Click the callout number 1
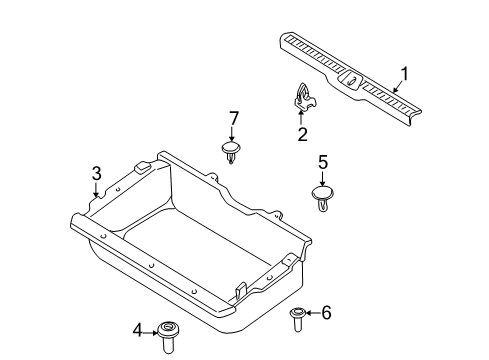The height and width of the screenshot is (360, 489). click(x=404, y=74)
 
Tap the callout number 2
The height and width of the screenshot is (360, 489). click(x=302, y=134)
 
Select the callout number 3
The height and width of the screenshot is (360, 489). click(x=96, y=174)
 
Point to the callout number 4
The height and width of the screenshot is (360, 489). click(x=138, y=331)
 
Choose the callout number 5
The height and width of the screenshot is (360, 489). click(x=323, y=162)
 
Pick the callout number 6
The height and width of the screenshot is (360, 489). click(x=326, y=313)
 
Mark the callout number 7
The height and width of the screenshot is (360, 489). click(x=234, y=118)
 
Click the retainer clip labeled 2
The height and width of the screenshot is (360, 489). click(x=305, y=97)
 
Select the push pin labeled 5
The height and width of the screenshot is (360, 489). click(x=323, y=197)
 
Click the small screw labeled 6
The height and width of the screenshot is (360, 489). click(x=298, y=319)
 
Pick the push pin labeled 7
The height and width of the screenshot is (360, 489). click(x=231, y=152)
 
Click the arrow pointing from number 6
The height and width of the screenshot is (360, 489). click(x=313, y=313)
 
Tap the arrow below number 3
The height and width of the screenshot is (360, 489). click(x=96, y=190)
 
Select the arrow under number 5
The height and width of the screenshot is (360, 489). click(x=322, y=178)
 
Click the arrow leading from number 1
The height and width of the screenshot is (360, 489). click(x=399, y=86)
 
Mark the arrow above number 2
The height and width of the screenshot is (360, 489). click(x=301, y=118)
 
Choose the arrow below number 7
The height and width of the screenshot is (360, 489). click(x=232, y=135)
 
